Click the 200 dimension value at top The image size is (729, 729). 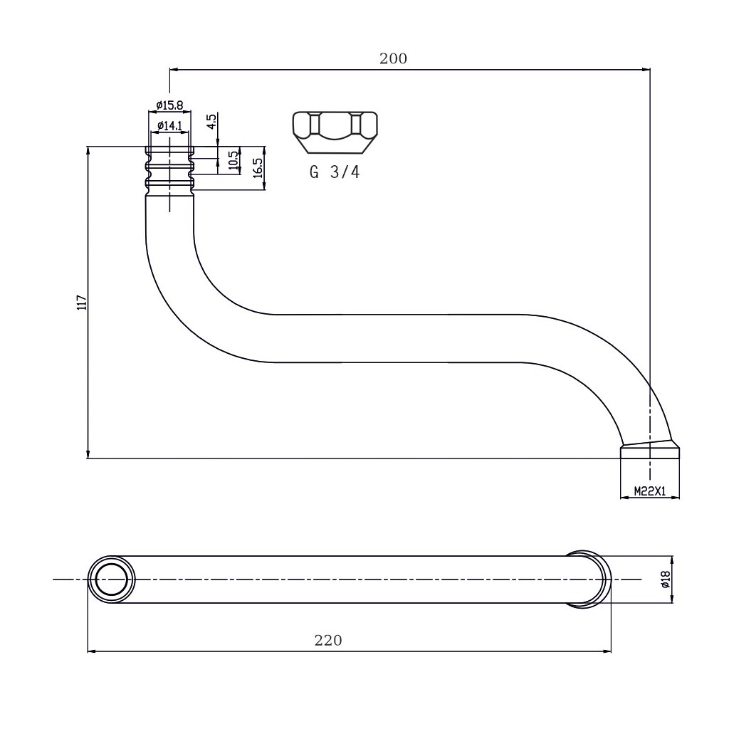click(x=393, y=59)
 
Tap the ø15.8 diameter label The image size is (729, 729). click(x=169, y=105)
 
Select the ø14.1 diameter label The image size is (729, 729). click(x=169, y=126)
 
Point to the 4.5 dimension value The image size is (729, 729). click(x=211, y=121)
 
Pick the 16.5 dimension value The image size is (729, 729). click(x=258, y=168)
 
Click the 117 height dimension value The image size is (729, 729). click(x=81, y=303)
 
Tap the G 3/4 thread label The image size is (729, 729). click(x=334, y=173)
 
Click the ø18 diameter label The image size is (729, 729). click(x=666, y=580)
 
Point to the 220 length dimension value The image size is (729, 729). click(x=328, y=641)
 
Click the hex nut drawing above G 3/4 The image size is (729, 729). click(x=334, y=132)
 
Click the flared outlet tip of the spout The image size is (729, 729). click(x=650, y=449)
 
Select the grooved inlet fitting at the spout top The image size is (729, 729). click(x=169, y=169)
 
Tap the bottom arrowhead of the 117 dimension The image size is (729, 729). click(x=88, y=455)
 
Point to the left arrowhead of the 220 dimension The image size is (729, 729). click(x=91, y=650)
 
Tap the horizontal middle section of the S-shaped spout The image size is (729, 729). click(x=399, y=337)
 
